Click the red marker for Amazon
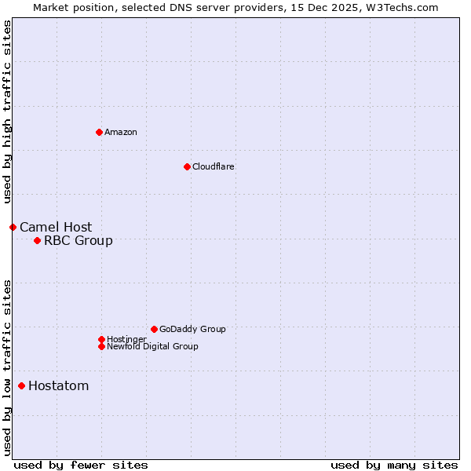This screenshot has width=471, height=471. coord(99,132)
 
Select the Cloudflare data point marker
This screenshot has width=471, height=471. coord(187,166)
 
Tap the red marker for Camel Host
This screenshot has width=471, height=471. coord(13,227)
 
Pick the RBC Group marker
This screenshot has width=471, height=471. coord(37,240)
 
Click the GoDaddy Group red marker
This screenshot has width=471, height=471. coord(154,329)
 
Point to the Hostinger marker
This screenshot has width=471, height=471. coord(101,339)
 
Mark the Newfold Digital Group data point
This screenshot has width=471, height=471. coord(101,346)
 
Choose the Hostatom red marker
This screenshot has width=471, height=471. coord(21,385)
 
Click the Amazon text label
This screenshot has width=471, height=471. coord(121,132)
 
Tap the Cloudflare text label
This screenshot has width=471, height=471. coord(214,166)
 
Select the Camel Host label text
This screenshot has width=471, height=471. coord(56,227)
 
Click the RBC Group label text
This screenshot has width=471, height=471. coord(78,240)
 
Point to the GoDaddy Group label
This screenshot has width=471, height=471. coord(192,329)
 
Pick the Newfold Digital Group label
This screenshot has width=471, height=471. coord(152,346)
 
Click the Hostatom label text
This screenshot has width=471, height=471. coord(59,385)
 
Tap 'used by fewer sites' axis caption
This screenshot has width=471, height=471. coord(81,465)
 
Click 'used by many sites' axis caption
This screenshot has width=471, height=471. coord(394,465)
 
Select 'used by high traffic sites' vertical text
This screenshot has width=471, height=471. coord(7,112)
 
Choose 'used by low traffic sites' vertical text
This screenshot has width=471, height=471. coord(7,367)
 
